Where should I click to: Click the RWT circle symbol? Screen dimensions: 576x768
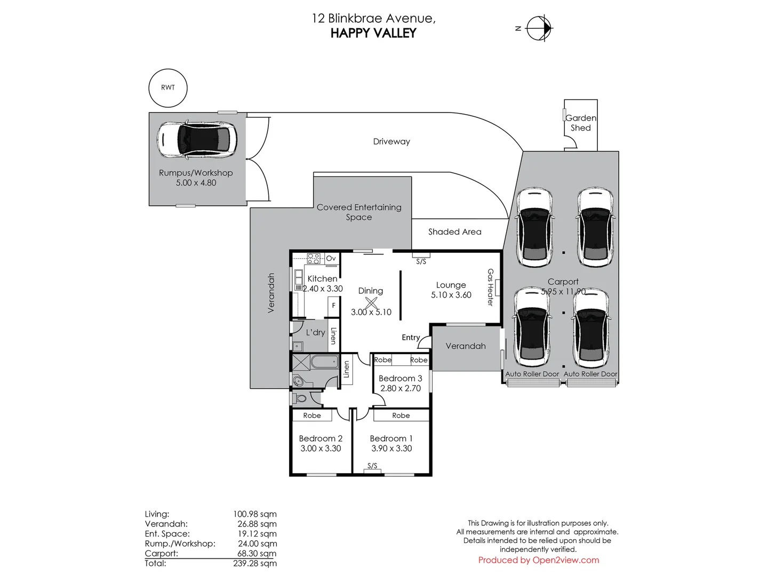click(x=168, y=88)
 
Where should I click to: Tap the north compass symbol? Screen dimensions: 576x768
click(x=539, y=28)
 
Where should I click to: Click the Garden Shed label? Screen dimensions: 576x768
click(x=581, y=123)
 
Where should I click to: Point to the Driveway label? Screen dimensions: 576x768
click(x=391, y=142)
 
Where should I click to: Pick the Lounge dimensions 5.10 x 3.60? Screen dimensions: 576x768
click(x=451, y=295)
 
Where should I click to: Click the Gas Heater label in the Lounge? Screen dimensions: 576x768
click(x=490, y=287)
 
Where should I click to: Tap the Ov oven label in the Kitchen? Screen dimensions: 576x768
click(x=331, y=259)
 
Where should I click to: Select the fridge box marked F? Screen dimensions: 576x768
click(x=334, y=306)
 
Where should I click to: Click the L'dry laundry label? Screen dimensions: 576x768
click(x=315, y=332)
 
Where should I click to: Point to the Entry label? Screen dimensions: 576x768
click(x=411, y=337)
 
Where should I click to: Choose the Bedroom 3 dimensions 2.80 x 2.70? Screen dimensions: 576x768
click(x=401, y=388)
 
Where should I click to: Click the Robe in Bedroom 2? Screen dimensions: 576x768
click(x=312, y=415)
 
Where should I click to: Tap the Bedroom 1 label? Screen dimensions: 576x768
click(x=391, y=438)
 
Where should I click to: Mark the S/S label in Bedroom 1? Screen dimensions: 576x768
click(x=372, y=466)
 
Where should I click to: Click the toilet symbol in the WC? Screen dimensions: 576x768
click(x=300, y=398)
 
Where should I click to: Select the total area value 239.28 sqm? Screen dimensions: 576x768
click(x=255, y=563)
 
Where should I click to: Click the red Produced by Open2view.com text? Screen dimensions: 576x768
click(x=538, y=560)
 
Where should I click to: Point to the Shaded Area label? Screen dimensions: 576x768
click(x=454, y=232)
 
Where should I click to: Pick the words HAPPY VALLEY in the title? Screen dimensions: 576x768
click(x=373, y=33)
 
